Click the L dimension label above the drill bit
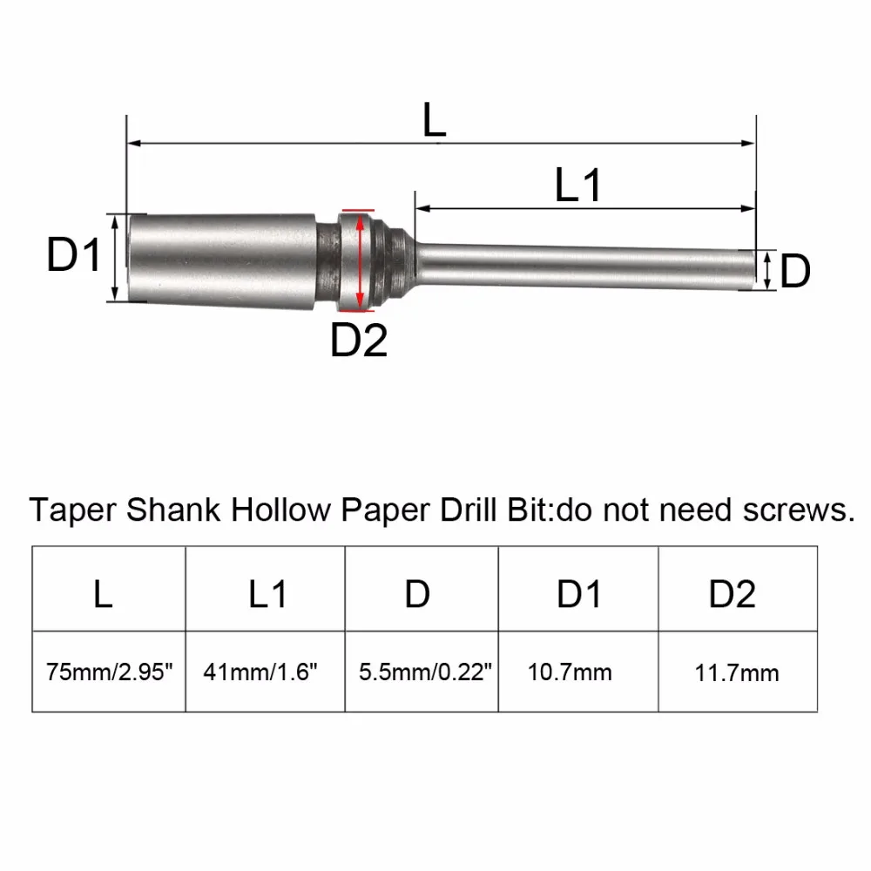[435, 119]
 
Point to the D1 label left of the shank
[75, 257]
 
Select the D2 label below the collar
[359, 340]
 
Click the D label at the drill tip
[794, 272]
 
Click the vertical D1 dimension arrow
[116, 258]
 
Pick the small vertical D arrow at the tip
[765, 270]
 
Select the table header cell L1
[267, 595]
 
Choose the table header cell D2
[732, 595]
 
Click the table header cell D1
[578, 595]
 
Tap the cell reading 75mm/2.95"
[110, 672]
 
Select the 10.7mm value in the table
[570, 672]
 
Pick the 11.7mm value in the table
[737, 672]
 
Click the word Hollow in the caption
[275, 510]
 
